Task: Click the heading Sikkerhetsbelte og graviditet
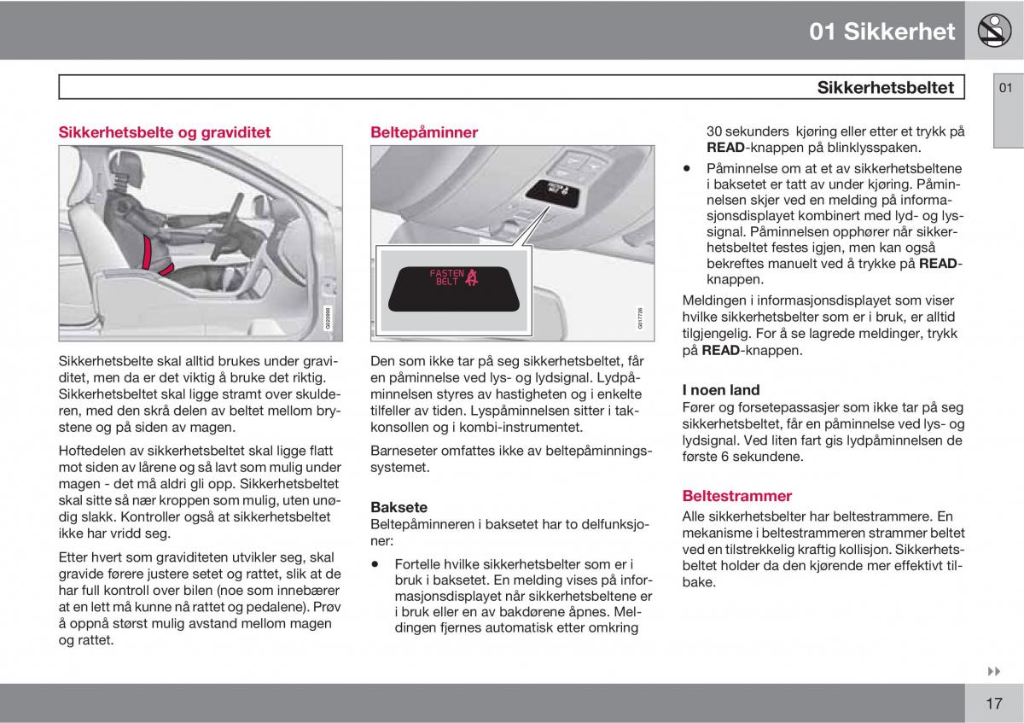pos(164,132)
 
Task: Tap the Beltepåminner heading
pos(424,132)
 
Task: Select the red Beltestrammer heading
pos(737,495)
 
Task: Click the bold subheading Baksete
pos(399,507)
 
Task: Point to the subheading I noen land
pos(721,390)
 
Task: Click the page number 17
pos(993,703)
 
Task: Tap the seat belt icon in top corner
pos(994,31)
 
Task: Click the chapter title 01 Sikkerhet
pos(882,32)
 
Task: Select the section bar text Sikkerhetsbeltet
pos(885,87)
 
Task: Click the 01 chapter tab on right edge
pos(1007,88)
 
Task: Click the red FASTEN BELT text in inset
pos(446,277)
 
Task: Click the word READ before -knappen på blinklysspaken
pos(726,147)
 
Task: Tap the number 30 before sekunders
pos(715,131)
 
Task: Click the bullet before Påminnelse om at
pos(688,169)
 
